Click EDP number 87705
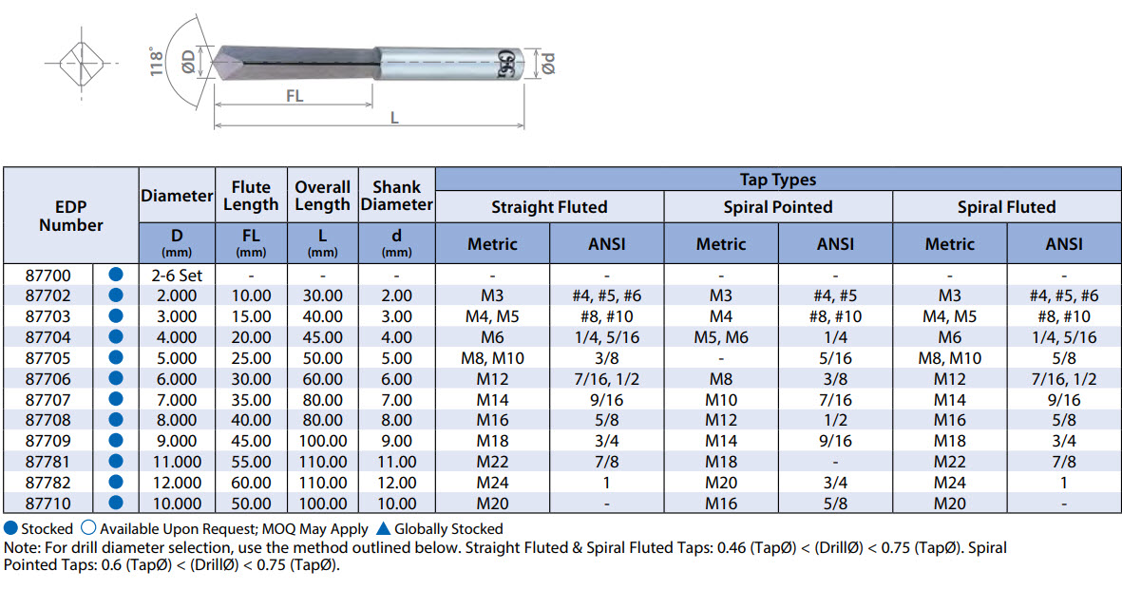pyautogui.click(x=48, y=358)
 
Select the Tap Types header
pyautogui.click(x=778, y=179)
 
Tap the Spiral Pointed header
pyautogui.click(x=778, y=207)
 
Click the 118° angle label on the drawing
pyautogui.click(x=156, y=62)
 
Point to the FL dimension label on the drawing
pyautogui.click(x=295, y=95)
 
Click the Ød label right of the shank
pyautogui.click(x=548, y=63)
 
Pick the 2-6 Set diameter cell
pyautogui.click(x=177, y=276)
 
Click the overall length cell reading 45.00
pyautogui.click(x=323, y=337)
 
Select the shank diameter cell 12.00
pyautogui.click(x=396, y=483)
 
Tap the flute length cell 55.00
pyautogui.click(x=251, y=462)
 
